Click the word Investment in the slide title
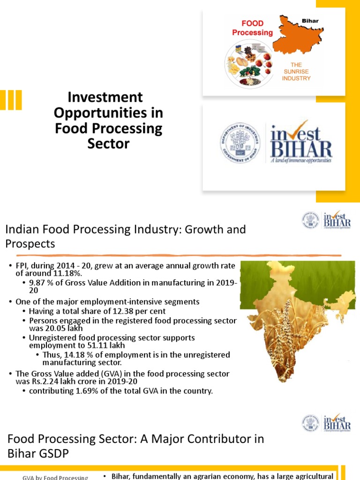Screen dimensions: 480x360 pyautogui.click(x=105, y=97)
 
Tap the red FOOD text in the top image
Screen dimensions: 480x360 pyautogui.click(x=252, y=23)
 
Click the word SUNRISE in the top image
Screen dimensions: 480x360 pyautogui.click(x=296, y=71)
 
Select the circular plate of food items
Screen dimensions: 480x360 pyautogui.click(x=249, y=64)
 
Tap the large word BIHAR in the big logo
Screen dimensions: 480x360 pyautogui.click(x=301, y=149)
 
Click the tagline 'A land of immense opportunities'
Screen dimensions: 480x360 pyautogui.click(x=301, y=160)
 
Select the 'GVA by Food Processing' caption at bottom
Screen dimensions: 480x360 pyautogui.click(x=55, y=477)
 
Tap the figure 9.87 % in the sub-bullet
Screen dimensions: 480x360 pyautogui.click(x=40, y=284)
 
